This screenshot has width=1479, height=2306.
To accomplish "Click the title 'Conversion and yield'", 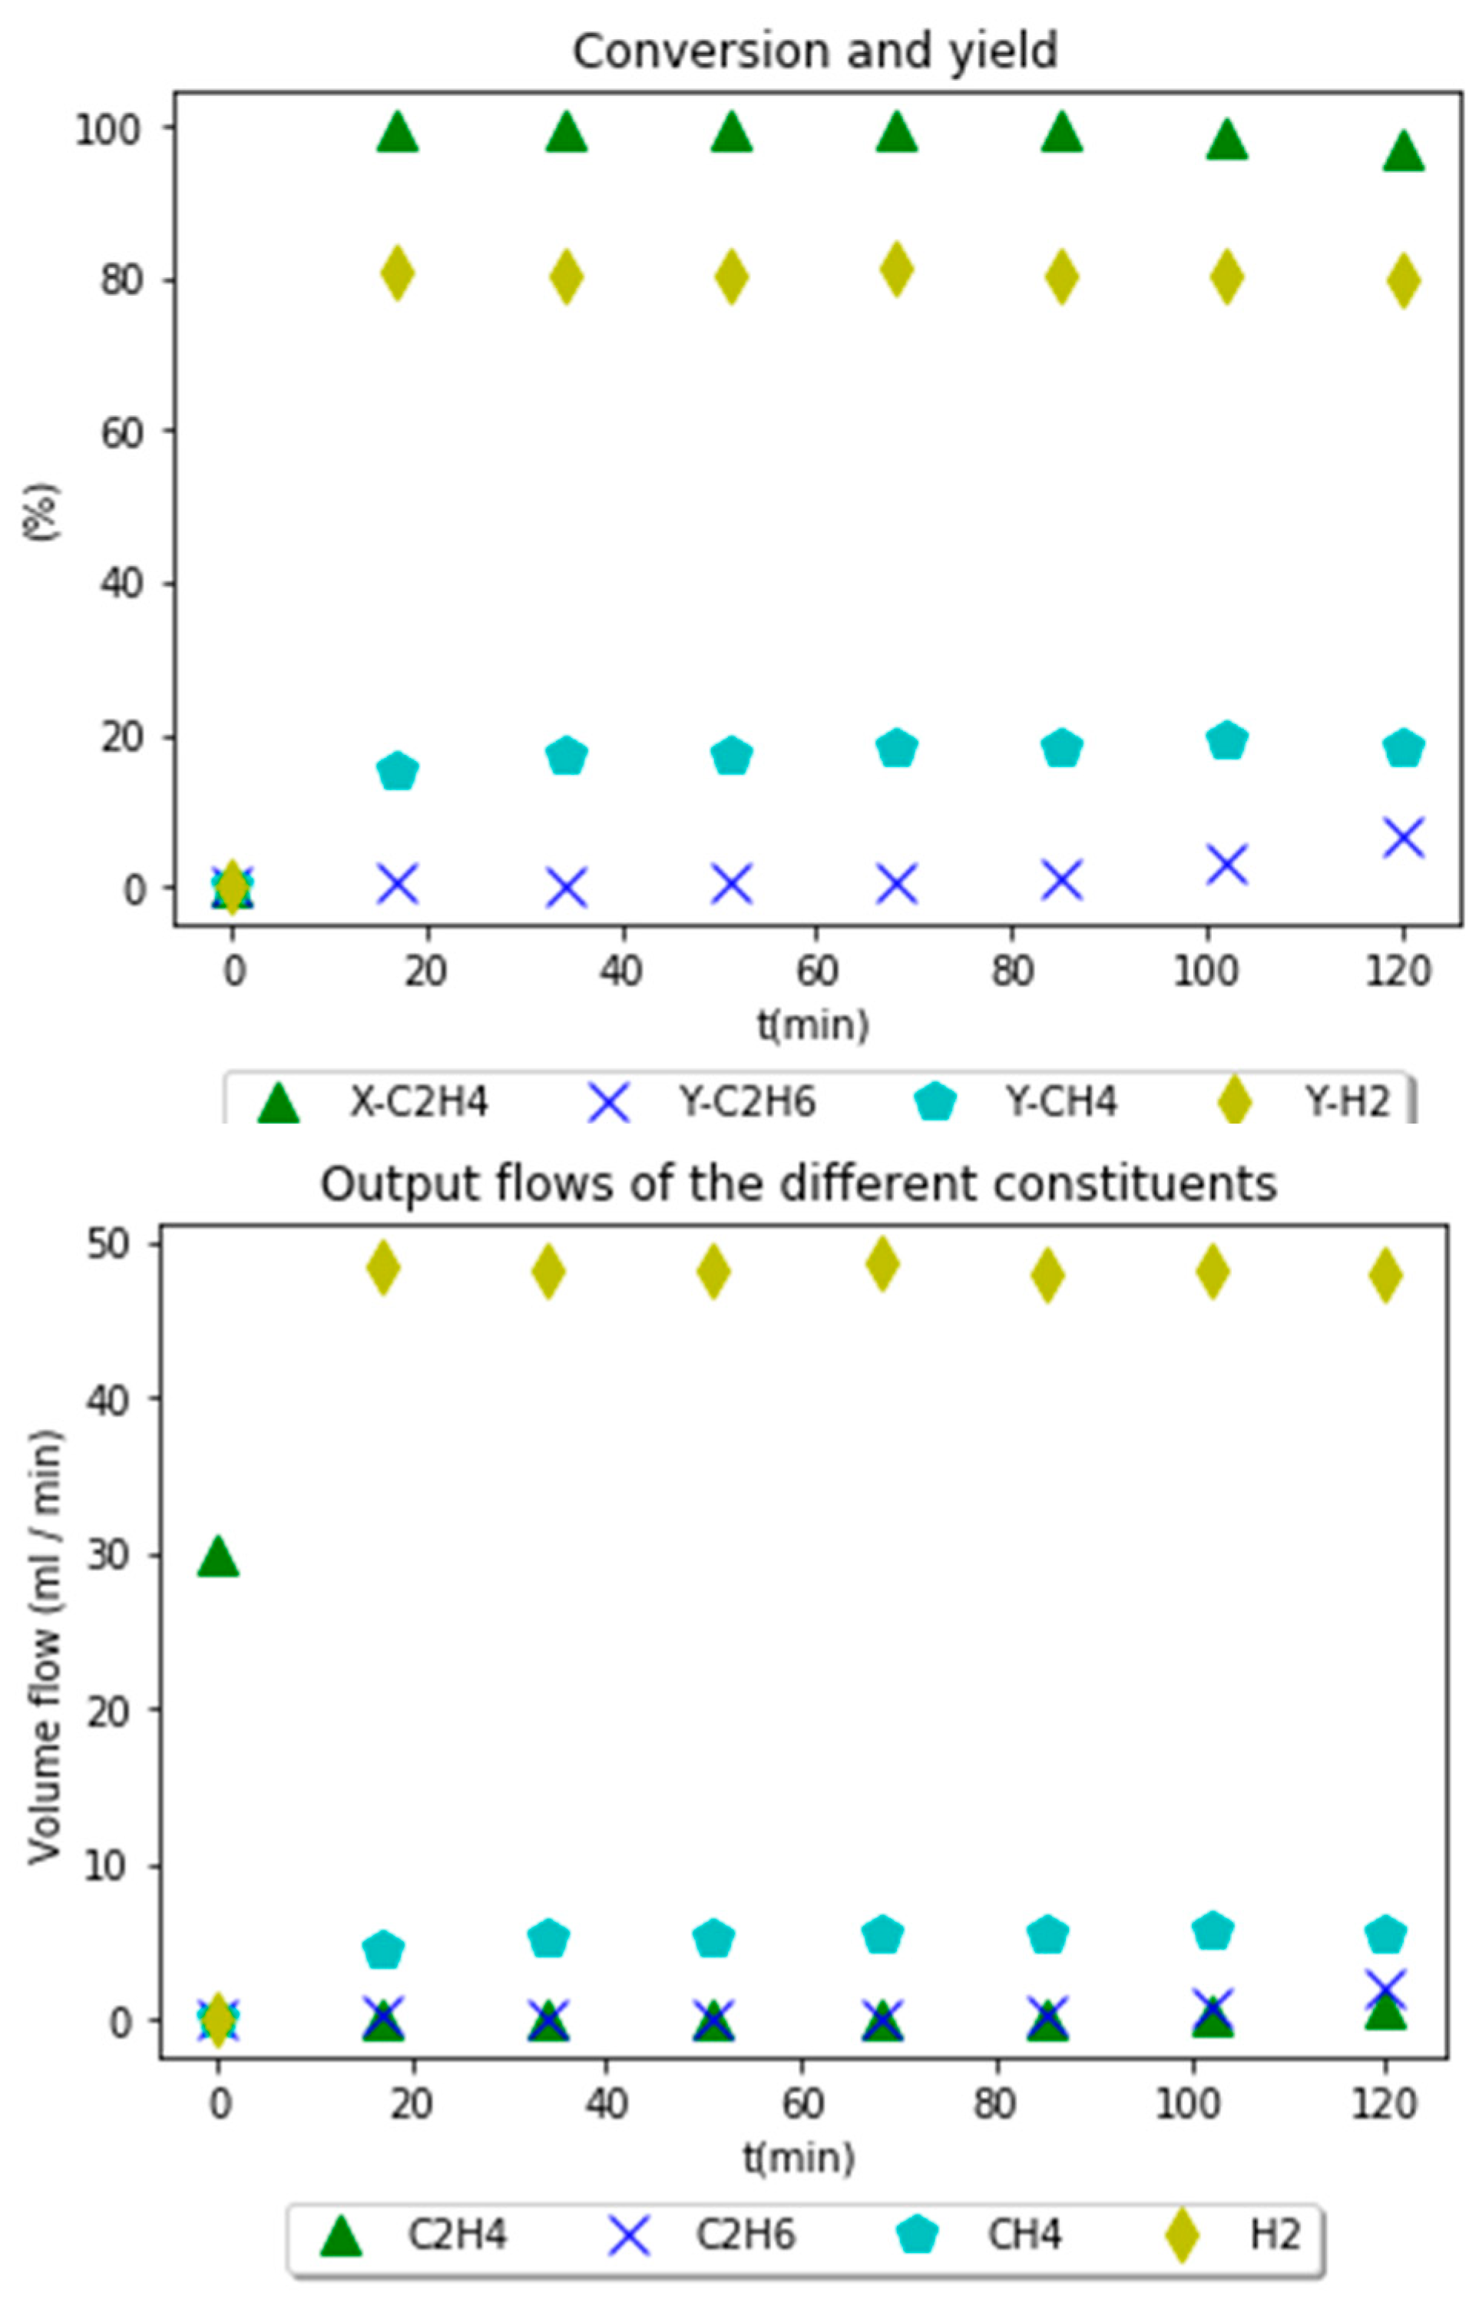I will (815, 50).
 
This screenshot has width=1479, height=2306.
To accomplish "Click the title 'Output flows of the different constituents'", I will (798, 1183).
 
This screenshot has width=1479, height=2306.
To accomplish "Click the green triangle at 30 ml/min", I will (218, 1557).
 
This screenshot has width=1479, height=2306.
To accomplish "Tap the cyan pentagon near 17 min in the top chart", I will (398, 770).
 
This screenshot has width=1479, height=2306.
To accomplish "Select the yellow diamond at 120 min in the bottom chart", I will (1385, 1275).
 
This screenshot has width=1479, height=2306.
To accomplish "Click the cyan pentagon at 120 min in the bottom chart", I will (1385, 1934).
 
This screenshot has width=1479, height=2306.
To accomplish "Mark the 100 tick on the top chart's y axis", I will (111, 130).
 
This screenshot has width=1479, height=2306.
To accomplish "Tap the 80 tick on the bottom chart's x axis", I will (994, 2104).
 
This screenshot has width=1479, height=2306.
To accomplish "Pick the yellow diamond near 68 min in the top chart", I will (896, 270).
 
